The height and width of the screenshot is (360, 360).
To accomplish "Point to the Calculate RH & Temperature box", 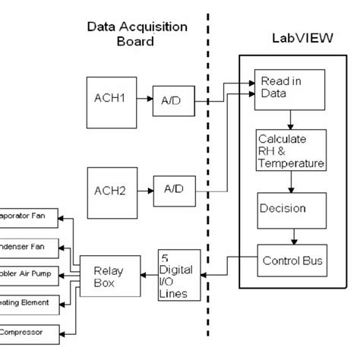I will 291,150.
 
